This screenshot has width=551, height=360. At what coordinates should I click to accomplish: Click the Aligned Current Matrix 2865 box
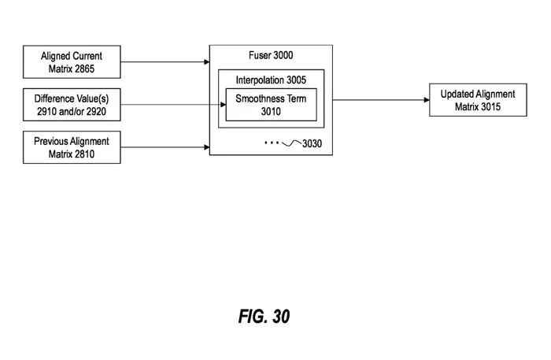point(72,62)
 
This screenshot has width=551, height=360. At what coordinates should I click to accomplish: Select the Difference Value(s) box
point(72,105)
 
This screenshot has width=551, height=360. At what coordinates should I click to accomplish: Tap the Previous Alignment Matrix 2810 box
point(72,147)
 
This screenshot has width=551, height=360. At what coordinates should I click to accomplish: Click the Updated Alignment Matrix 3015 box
point(478,100)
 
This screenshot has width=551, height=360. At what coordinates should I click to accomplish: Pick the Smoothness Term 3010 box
point(271,105)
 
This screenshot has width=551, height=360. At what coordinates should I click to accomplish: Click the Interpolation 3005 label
point(271,80)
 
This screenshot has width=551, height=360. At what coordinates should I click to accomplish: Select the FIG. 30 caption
point(264,317)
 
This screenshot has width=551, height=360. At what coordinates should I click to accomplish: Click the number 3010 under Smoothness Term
point(271,111)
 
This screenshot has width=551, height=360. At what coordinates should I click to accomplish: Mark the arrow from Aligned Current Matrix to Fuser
point(165,62)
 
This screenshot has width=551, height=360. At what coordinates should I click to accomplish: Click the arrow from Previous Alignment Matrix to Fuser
point(165,147)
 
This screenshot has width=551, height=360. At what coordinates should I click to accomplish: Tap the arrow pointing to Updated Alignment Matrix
point(381,100)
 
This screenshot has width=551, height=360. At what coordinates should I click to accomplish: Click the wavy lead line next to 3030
point(291,143)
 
